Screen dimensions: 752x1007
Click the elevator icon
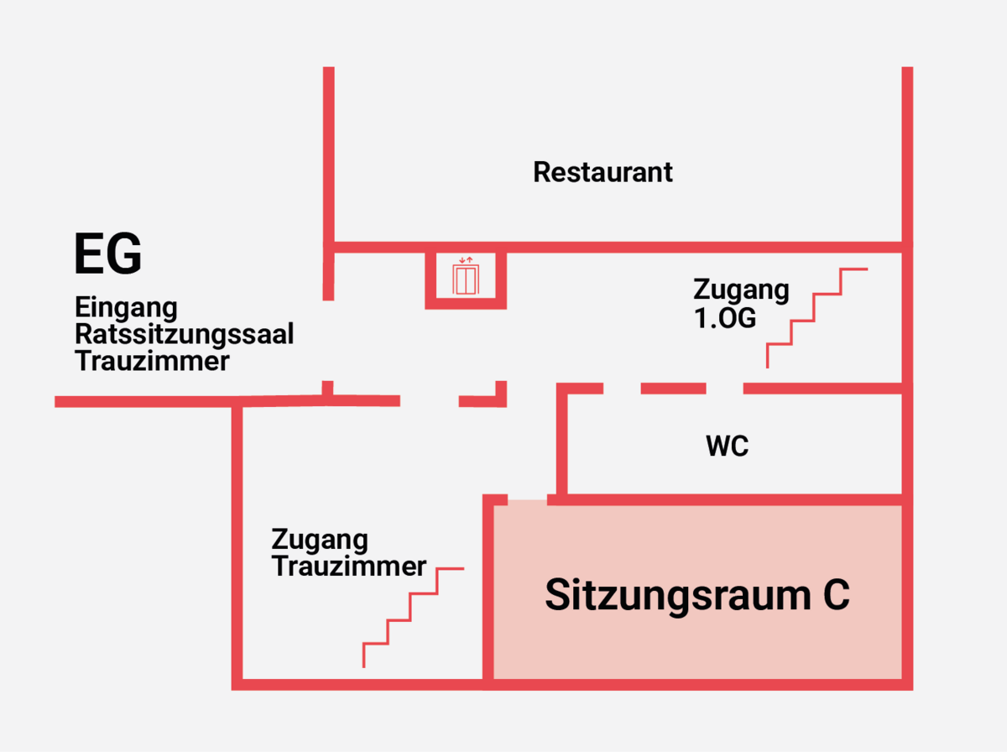pyautogui.click(x=466, y=278)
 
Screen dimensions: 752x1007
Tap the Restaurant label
pyautogui.click(x=603, y=173)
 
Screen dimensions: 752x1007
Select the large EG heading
pyautogui.click(x=107, y=255)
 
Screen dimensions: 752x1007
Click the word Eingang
pyautogui.click(x=126, y=307)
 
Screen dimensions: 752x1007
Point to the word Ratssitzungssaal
pyautogui.click(x=185, y=334)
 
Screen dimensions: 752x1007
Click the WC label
pyautogui.click(x=727, y=446)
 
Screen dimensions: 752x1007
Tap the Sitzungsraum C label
pyautogui.click(x=697, y=595)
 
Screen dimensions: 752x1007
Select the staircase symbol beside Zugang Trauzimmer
pyautogui.click(x=412, y=618)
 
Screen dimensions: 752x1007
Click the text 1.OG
pyautogui.click(x=725, y=319)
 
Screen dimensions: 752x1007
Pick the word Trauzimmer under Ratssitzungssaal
pyautogui.click(x=152, y=362)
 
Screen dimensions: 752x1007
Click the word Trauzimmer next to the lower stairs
pyautogui.click(x=349, y=567)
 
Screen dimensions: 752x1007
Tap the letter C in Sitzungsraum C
pyautogui.click(x=833, y=595)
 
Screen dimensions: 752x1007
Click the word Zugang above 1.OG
pyautogui.click(x=741, y=290)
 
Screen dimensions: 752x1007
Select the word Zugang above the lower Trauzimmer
pyautogui.click(x=320, y=539)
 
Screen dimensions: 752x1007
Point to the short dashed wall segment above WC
pyautogui.click(x=673, y=388)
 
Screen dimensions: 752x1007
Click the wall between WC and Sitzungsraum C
pyautogui.click(x=730, y=499)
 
